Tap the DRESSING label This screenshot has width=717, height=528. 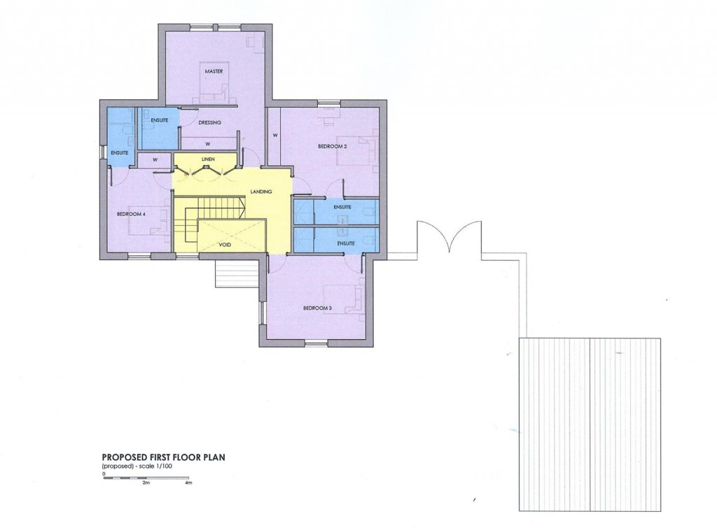coord(209,123)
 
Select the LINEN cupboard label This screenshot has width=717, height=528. coord(207,159)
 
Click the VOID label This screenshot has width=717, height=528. coord(225,245)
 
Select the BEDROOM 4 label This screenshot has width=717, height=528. coord(133,214)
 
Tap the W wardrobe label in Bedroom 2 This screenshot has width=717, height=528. coord(275,135)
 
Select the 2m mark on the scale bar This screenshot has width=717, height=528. coord(146,483)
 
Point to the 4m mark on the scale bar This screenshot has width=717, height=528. coord(188,483)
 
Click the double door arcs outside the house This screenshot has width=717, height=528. coord(449,238)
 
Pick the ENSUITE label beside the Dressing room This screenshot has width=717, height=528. coord(160,120)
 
